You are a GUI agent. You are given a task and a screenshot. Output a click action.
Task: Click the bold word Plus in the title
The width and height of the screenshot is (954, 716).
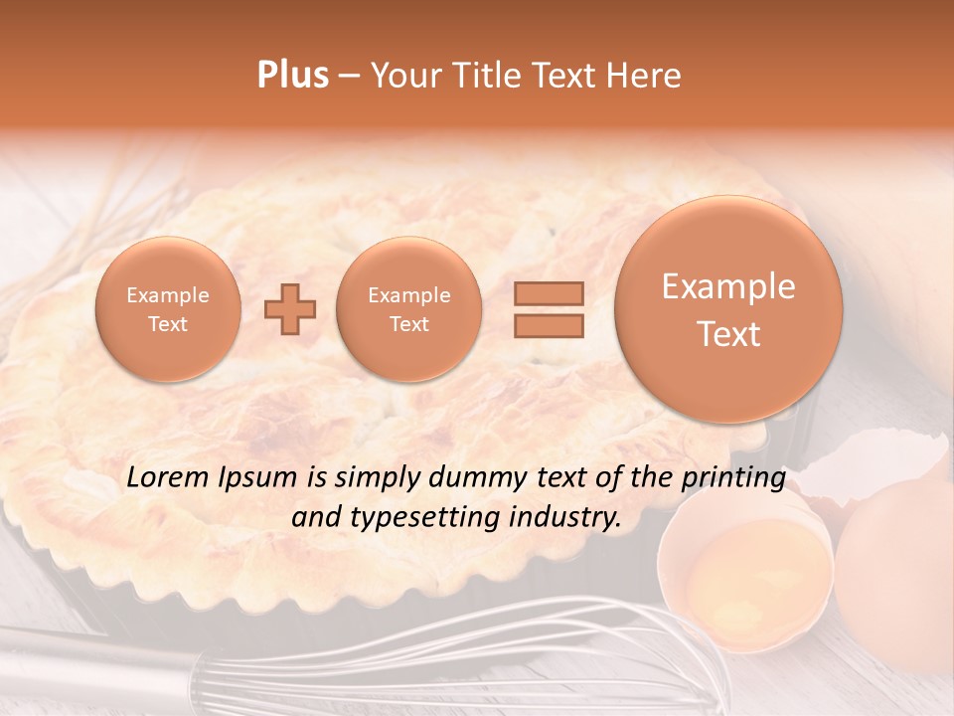[292, 76]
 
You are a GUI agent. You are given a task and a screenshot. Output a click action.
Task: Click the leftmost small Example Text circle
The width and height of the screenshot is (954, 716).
[168, 309]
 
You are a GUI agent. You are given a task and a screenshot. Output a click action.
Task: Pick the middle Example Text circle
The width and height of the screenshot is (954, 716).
[408, 309]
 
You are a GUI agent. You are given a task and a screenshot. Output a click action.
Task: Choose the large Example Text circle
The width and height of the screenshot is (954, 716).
[728, 309]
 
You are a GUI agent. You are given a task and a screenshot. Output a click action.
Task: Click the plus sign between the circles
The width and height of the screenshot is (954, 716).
[289, 309]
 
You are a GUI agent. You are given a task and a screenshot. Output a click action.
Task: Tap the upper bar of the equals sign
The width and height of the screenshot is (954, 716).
[548, 293]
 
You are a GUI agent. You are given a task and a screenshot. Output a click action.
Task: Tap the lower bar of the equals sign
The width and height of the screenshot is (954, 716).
[548, 325]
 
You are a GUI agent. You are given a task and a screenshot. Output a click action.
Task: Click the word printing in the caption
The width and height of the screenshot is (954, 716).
[733, 478]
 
